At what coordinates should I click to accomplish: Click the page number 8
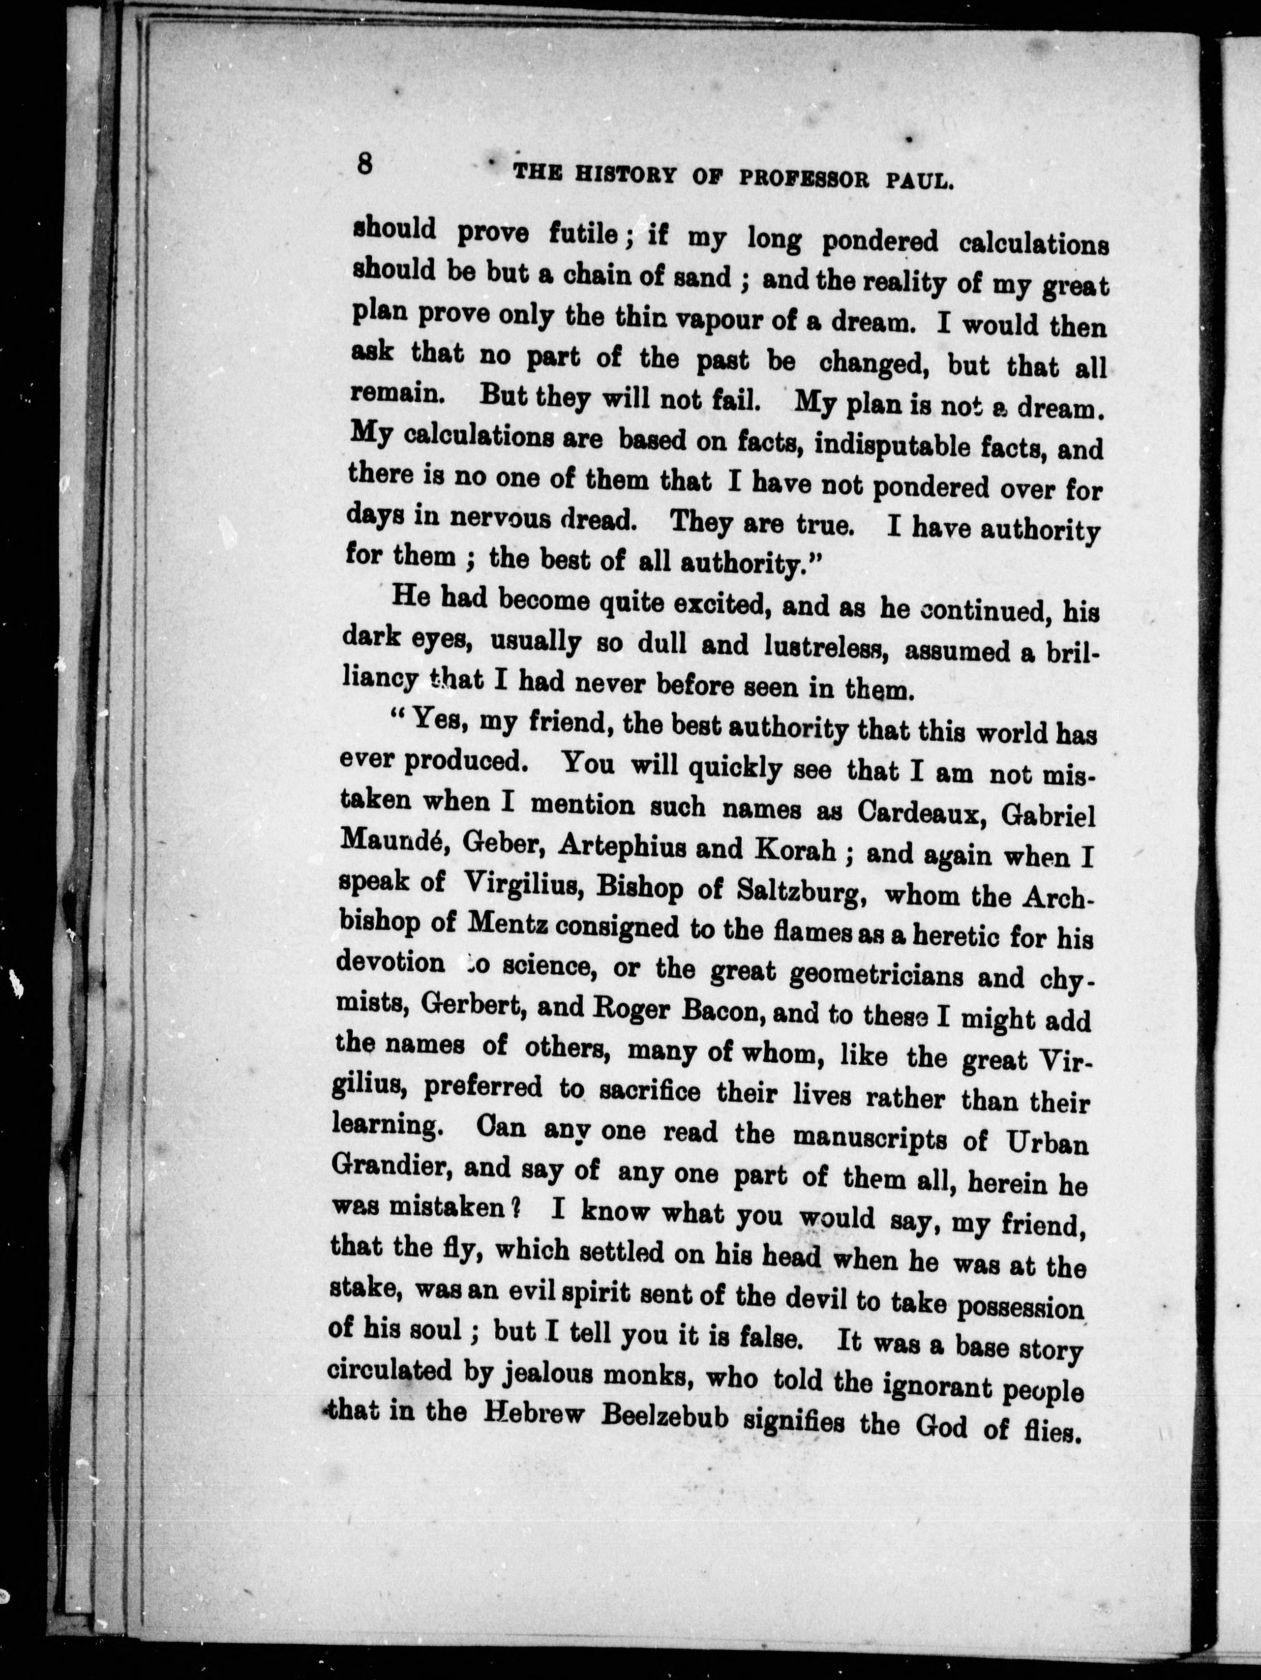point(365,164)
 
